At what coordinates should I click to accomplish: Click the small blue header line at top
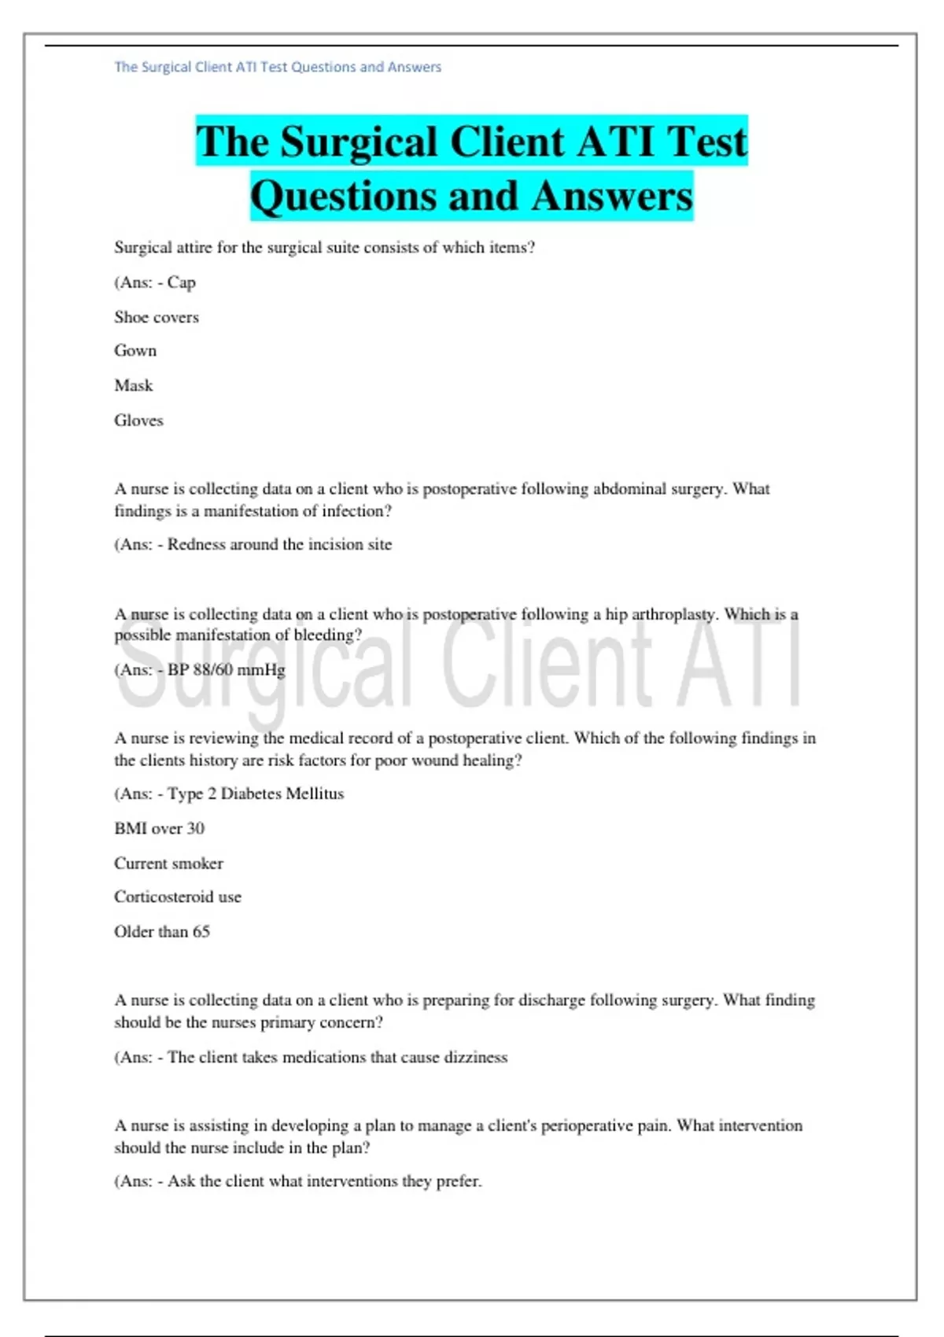(278, 67)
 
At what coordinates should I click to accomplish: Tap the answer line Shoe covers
(157, 317)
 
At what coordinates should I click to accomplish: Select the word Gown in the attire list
(135, 351)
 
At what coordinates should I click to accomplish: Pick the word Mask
(134, 385)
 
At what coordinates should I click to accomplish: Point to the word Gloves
(138, 420)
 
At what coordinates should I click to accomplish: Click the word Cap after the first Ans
(181, 282)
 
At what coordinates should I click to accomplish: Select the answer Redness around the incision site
(279, 544)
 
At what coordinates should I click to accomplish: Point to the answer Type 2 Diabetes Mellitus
(256, 794)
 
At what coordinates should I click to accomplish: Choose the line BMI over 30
(159, 828)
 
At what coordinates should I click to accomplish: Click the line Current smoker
(168, 863)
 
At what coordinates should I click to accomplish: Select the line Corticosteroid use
(178, 897)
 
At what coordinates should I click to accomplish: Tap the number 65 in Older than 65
(201, 931)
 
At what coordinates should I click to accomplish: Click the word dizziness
(475, 1057)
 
